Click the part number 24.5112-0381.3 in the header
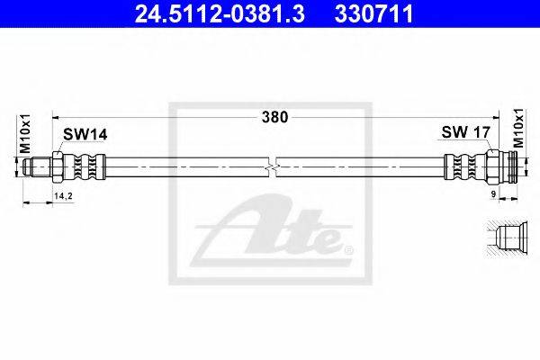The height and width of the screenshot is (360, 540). (220, 13)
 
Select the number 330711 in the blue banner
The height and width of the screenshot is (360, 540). (374, 13)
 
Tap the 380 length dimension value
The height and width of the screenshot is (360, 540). (274, 118)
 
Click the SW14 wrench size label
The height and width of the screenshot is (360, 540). (85, 135)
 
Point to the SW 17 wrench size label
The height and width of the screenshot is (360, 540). (465, 132)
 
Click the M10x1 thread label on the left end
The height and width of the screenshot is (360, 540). (25, 134)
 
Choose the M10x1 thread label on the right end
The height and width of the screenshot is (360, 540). (518, 128)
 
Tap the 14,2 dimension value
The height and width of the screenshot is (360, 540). (63, 196)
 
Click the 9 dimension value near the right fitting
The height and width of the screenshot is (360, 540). (493, 194)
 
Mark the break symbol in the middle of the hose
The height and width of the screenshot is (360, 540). (272, 167)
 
